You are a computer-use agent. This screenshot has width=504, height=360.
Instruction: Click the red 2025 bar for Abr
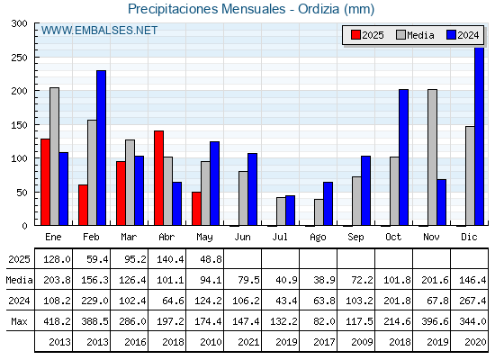coord(158,178)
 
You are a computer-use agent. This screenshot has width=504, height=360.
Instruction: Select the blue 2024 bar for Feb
coord(101,148)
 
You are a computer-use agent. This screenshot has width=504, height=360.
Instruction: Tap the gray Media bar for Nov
coord(432,157)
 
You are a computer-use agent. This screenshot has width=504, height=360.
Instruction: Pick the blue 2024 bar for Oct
coord(404,157)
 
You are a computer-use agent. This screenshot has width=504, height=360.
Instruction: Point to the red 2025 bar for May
coord(196,209)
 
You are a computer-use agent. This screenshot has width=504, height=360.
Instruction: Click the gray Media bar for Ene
coord(54,157)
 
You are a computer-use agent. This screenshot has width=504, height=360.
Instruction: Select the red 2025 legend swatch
coord(355,35)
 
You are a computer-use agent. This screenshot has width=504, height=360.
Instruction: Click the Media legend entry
coord(415,35)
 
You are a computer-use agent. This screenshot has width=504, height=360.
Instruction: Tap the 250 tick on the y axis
coord(19,58)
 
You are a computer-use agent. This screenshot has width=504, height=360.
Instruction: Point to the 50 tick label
coord(22,193)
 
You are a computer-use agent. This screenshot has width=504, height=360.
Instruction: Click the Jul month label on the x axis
coord(280,237)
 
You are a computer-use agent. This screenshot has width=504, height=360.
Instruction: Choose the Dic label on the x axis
coord(469,237)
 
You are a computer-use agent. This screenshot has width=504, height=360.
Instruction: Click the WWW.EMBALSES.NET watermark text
coord(99,31)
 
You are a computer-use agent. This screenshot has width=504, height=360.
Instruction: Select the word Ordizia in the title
coord(319,9)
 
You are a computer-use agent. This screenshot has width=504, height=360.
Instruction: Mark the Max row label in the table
coord(19,321)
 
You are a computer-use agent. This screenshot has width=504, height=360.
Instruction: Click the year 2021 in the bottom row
coord(248,342)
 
